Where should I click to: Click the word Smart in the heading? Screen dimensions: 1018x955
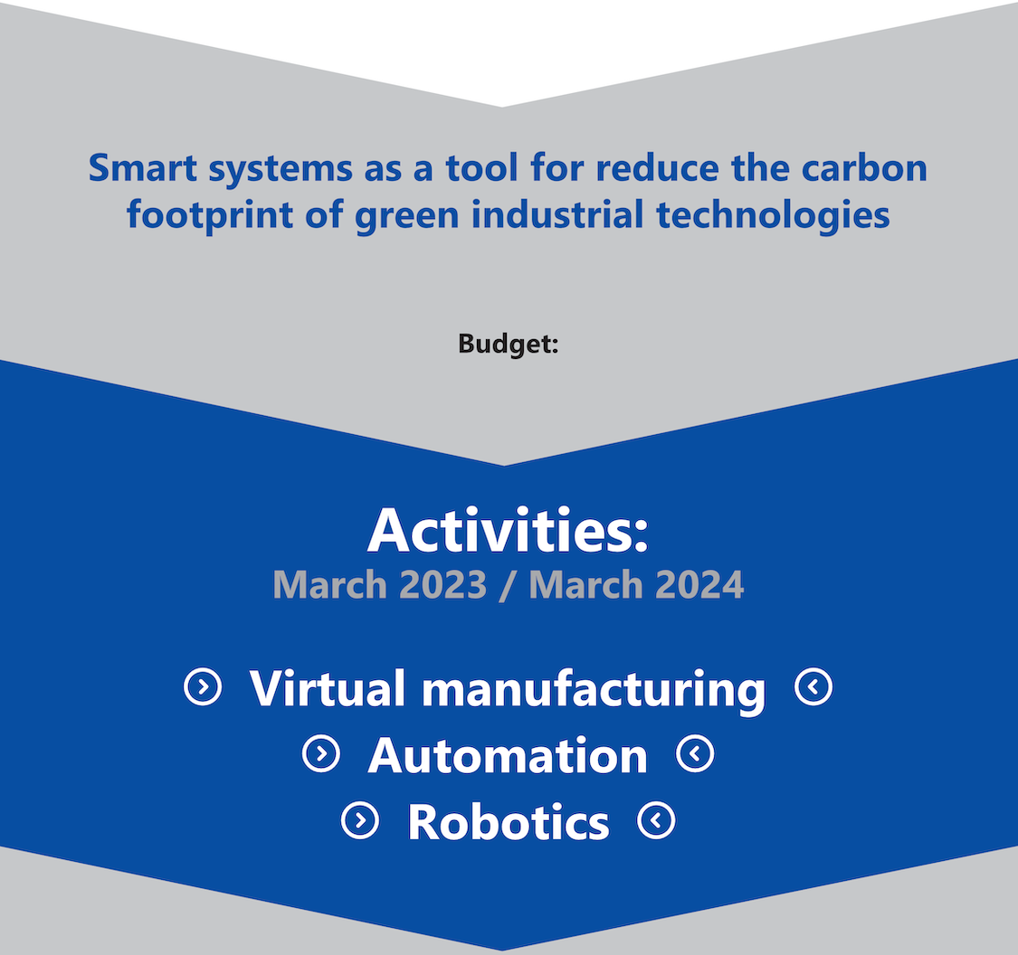143,168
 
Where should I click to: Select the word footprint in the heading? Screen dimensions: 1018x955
210,215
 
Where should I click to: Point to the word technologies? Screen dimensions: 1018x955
773,215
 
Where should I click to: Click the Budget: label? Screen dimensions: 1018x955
509,344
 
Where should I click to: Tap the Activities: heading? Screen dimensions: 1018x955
509,531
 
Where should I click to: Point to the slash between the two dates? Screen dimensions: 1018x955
508,585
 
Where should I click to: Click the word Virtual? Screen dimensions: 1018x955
328,687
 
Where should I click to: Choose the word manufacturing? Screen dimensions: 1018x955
594,690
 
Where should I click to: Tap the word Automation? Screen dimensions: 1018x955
508,756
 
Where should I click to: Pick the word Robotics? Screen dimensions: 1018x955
509,822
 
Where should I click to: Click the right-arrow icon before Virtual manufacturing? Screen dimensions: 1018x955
204,686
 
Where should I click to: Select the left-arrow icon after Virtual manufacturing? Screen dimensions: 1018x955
813,686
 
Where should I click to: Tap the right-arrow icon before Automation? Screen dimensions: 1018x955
321,754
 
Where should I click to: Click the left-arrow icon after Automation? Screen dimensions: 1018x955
695,754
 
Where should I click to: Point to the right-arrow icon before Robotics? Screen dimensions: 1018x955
360,820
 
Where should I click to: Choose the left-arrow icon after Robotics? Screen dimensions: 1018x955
656,820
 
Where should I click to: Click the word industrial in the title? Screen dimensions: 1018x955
557,214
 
